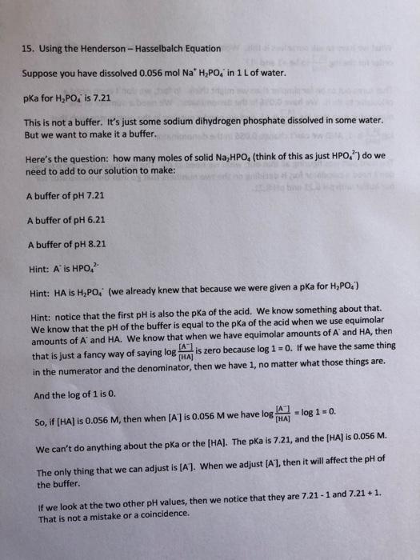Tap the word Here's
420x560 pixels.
[38, 158]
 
